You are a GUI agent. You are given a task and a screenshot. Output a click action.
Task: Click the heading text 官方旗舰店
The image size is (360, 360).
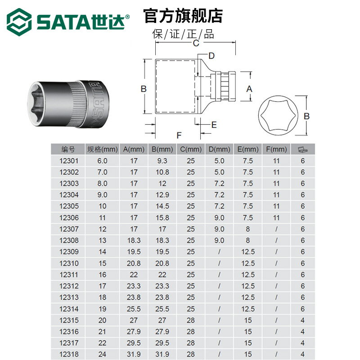click(183, 16)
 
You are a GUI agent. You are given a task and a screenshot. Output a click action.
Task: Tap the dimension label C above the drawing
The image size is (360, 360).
click(196, 44)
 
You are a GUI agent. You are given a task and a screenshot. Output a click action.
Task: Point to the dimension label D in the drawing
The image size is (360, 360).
click(211, 56)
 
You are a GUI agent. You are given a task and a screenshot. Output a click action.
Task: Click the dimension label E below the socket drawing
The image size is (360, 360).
click(214, 125)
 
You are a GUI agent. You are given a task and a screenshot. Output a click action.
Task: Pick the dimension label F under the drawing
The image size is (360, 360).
click(179, 135)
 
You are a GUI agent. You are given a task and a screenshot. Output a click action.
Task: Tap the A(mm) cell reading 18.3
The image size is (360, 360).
click(134, 240)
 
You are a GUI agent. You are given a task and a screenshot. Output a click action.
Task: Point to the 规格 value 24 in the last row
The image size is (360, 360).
click(102, 354)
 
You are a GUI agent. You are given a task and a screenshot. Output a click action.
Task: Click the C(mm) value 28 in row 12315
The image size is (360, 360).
click(191, 319)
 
